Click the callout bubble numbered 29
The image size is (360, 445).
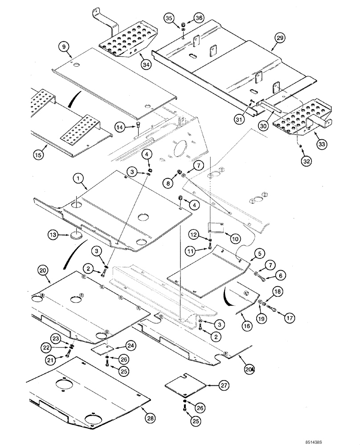point(279,39)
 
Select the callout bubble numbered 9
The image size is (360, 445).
point(63,46)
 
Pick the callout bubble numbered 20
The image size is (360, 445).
point(43,270)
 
